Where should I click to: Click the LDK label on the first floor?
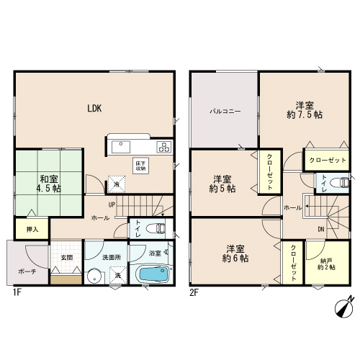94,109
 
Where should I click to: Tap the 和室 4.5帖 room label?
49,184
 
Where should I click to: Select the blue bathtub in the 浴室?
153,274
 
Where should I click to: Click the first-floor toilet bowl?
156,228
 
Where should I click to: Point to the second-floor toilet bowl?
340,183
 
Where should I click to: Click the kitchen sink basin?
121,147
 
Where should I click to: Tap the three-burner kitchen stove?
164,147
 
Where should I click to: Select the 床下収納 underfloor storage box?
140,166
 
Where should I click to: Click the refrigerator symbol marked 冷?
117,184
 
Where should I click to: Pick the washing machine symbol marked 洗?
118,275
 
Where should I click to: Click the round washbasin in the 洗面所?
94,276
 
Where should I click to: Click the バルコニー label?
225,112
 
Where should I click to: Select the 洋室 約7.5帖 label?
305,110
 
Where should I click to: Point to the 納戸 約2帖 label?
326,264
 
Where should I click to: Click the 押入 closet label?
32,230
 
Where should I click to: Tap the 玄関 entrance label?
66,258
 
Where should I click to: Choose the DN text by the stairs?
321,230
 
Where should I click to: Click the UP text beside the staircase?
112,204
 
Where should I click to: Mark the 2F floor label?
194,293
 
